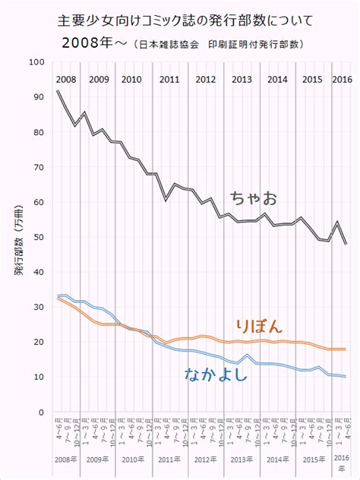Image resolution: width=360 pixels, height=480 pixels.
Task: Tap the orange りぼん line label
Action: pyautogui.click(x=259, y=327)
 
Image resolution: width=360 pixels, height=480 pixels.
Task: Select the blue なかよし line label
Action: pyautogui.click(x=216, y=373)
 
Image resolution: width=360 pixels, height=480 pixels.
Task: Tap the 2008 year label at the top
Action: pyautogui.click(x=65, y=79)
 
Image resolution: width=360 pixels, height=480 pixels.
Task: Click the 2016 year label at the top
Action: pyautogui.click(x=341, y=79)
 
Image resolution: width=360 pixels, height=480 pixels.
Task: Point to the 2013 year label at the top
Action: pyautogui.click(x=242, y=79)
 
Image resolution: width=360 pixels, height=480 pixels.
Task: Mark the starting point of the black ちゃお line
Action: pyautogui.click(x=58, y=91)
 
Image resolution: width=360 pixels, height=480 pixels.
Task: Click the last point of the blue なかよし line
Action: pyautogui.click(x=346, y=377)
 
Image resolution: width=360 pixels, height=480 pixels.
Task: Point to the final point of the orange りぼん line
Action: pyautogui.click(x=346, y=349)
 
